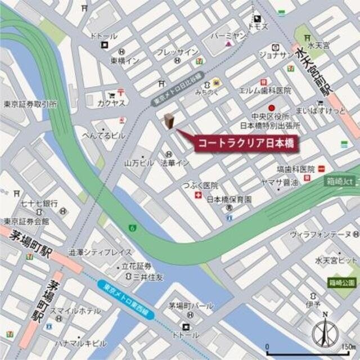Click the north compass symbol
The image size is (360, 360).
point(325,332)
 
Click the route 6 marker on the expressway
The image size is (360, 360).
point(132,228)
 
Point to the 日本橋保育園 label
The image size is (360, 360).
point(229,199)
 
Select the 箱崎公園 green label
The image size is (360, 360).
point(342,282)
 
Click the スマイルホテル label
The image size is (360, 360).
point(75,310)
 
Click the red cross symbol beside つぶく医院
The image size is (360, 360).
point(197,195)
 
